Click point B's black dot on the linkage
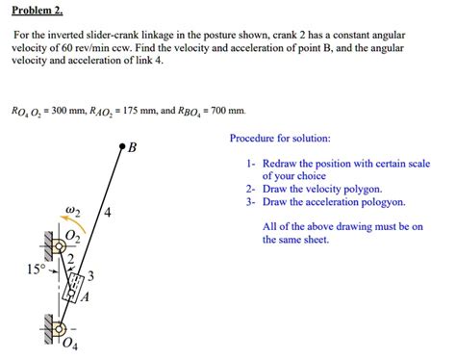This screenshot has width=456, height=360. point(121,147)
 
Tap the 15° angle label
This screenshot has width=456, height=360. point(35,270)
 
